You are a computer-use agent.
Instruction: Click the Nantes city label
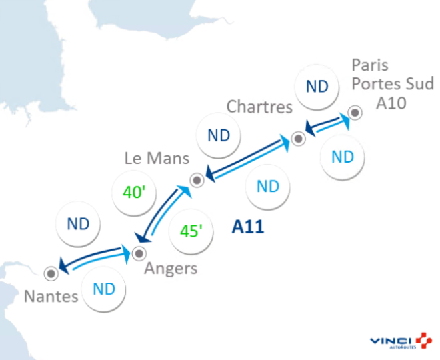51,296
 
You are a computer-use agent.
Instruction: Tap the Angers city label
171,269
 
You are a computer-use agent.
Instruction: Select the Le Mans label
157,159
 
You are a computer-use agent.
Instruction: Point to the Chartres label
259,107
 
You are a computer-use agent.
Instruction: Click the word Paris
370,66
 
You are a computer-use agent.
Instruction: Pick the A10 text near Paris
391,102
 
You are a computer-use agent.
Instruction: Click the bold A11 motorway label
248,227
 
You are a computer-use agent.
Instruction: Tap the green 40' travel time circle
134,193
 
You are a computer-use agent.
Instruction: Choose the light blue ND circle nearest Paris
342,157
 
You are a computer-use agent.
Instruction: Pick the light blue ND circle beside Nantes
103,289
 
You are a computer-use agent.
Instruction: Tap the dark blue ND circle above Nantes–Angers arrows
78,224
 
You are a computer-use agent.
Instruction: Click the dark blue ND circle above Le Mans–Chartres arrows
219,135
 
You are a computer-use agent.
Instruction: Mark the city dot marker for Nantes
50,273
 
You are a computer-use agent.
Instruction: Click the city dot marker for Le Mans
197,179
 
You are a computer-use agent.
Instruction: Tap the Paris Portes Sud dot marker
356,113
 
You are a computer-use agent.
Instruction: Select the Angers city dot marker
139,253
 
